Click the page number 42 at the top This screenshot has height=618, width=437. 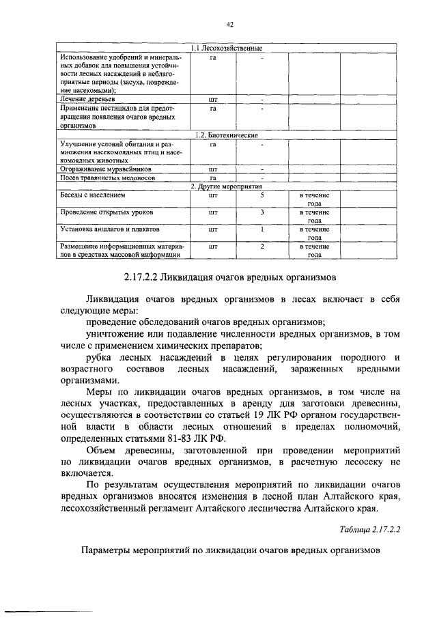coord(230,25)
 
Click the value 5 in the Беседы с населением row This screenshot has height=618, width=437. coord(262,195)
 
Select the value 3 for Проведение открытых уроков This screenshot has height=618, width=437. coord(262,212)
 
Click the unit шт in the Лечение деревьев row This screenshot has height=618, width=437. coord(212,99)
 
